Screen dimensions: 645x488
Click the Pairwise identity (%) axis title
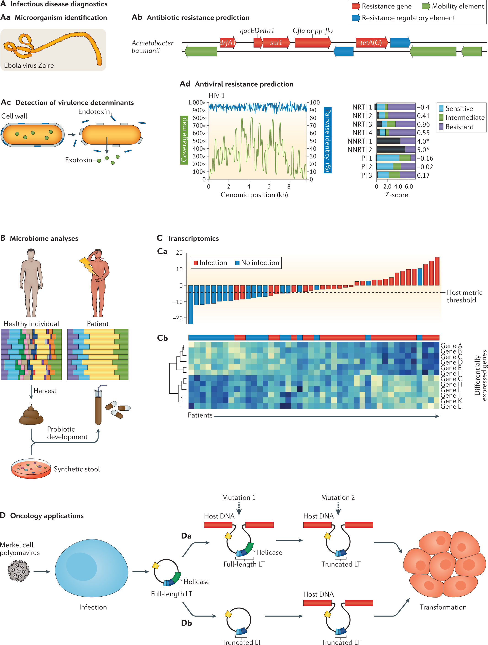pos(328,140)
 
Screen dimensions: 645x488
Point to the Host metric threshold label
pos(464,296)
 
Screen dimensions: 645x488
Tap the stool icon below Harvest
pos(31,415)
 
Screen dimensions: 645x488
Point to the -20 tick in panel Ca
pos(177,318)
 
